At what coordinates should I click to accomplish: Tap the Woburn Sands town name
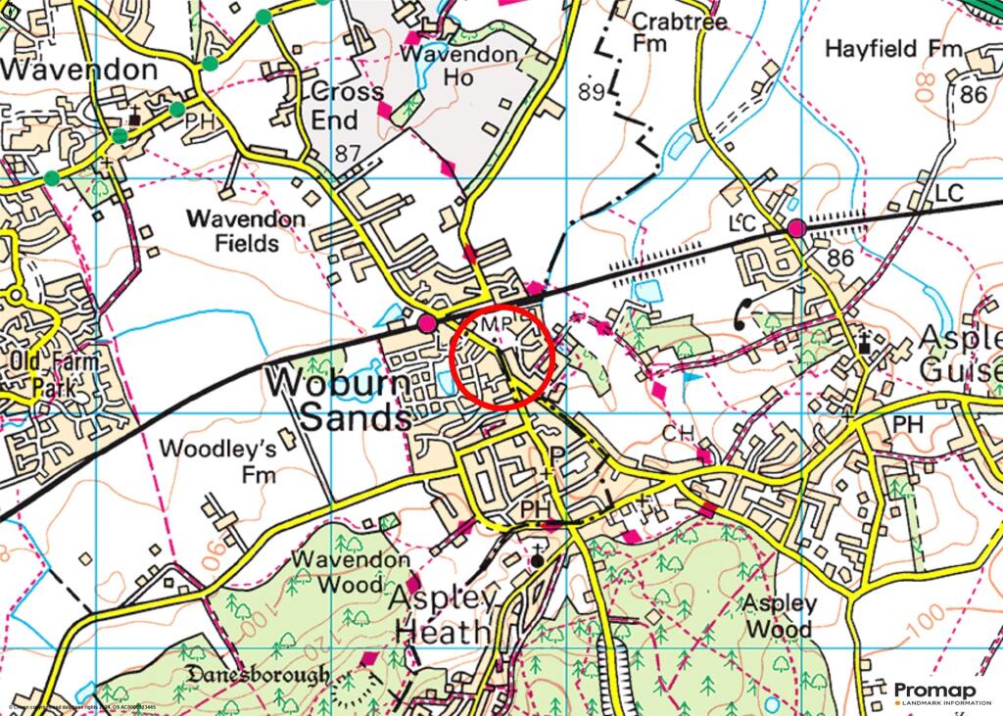pos(340,399)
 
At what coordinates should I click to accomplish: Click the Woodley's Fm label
pos(216,461)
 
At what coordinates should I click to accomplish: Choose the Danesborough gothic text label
pos(258,675)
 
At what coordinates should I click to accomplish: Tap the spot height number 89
pos(589,93)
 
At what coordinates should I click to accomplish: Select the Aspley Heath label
pos(442,614)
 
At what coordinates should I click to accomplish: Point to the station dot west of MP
pos(427,322)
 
